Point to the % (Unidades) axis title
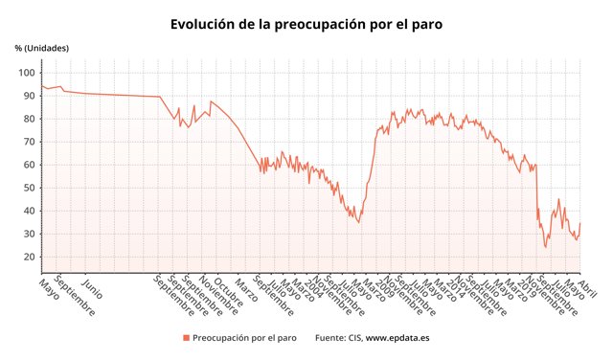pos(42,48)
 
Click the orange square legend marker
pos(186,338)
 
